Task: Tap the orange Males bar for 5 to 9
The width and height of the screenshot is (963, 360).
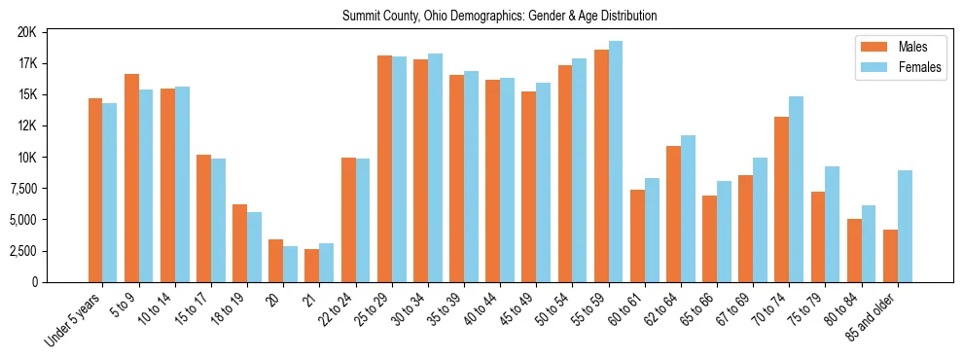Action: point(131,178)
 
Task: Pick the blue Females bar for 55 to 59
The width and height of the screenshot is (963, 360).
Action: point(616,162)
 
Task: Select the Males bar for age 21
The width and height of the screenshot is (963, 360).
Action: point(312,266)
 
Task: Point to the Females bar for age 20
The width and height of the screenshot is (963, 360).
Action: point(290,264)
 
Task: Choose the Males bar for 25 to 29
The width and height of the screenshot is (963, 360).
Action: point(384,168)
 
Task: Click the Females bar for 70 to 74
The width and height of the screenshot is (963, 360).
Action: point(797,189)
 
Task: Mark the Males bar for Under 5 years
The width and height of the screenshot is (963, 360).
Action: point(95,190)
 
